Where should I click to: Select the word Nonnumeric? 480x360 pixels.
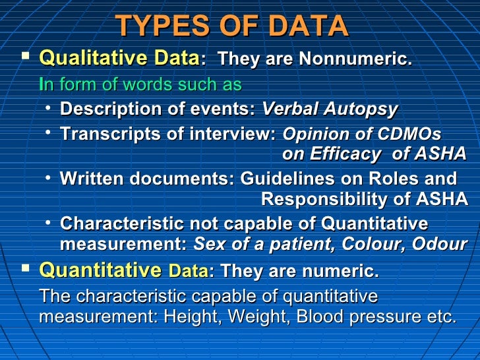coord(355,59)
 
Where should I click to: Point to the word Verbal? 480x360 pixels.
coord(291,109)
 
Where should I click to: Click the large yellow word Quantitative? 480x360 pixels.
coord(100,270)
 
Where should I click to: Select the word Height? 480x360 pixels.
coord(191,316)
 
